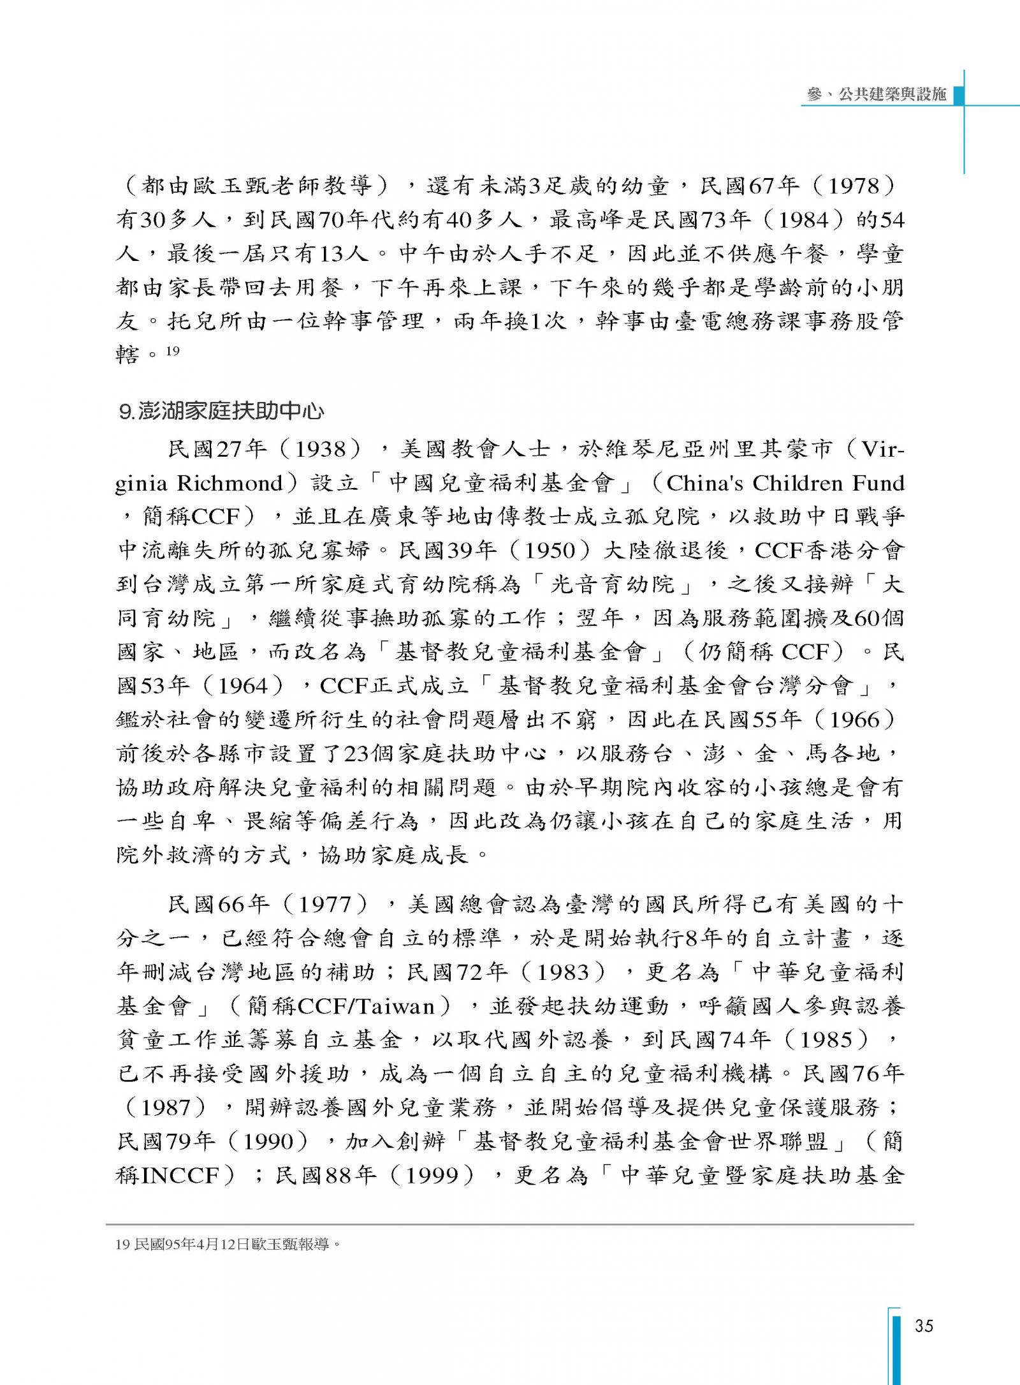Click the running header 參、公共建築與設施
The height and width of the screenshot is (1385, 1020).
tap(877, 94)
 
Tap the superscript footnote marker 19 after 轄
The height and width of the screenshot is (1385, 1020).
tap(173, 350)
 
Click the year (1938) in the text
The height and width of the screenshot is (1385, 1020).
tap(322, 450)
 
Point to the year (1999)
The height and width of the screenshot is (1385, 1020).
tap(435, 1176)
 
